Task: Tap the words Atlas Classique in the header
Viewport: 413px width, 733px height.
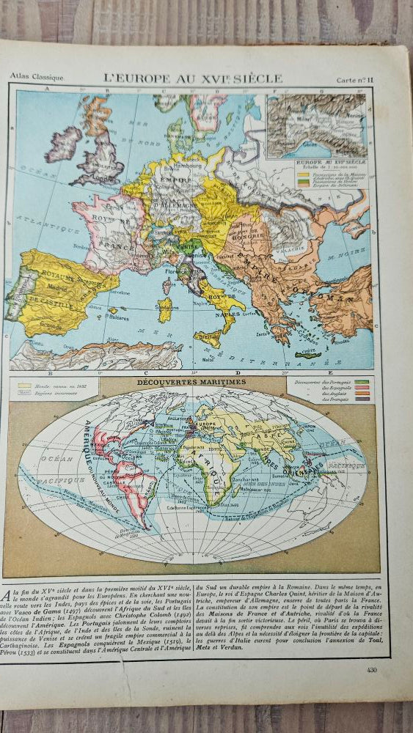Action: (37, 76)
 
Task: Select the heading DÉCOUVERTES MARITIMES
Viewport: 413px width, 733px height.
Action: (190, 383)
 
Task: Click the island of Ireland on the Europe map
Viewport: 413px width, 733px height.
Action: (63, 144)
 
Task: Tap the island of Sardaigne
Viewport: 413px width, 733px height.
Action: (165, 309)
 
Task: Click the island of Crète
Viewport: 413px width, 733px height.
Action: (308, 355)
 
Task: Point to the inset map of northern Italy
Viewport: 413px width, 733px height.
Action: (315, 125)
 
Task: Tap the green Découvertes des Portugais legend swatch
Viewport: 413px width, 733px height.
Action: (362, 383)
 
